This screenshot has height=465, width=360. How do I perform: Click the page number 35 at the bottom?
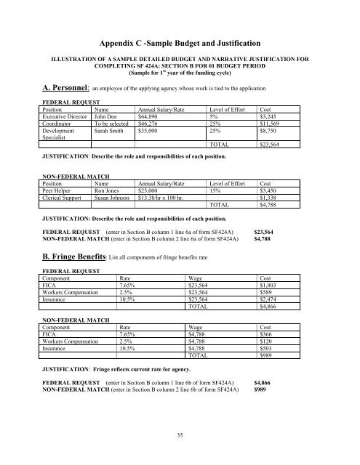click(180, 435)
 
